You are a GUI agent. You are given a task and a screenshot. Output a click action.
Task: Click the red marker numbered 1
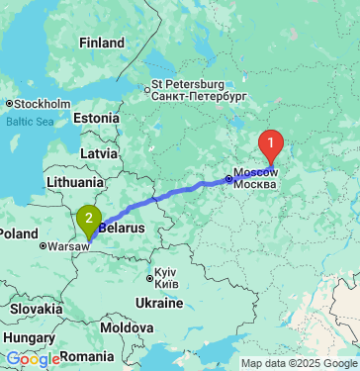point(271,146)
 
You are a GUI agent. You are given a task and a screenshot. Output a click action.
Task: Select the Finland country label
point(102,44)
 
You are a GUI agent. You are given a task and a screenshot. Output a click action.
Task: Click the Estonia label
point(96,118)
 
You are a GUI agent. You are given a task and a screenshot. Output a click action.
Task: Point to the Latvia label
point(98,154)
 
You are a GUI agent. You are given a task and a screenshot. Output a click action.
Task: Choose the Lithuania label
point(74,182)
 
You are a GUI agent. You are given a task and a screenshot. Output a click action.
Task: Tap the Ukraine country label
point(159,301)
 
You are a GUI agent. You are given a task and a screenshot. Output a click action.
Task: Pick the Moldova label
point(126,326)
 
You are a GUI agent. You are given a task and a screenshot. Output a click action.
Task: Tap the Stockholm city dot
point(8,103)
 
